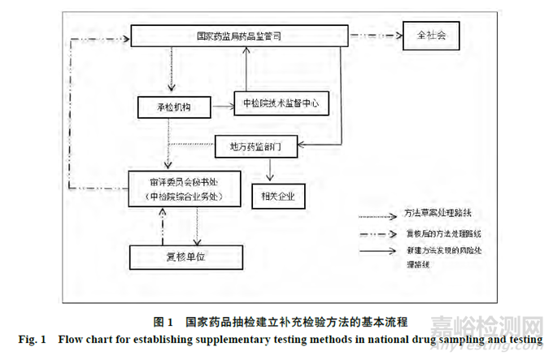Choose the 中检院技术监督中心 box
coord(281,103)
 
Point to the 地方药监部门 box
coord(255,146)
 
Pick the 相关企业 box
coord(278,196)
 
